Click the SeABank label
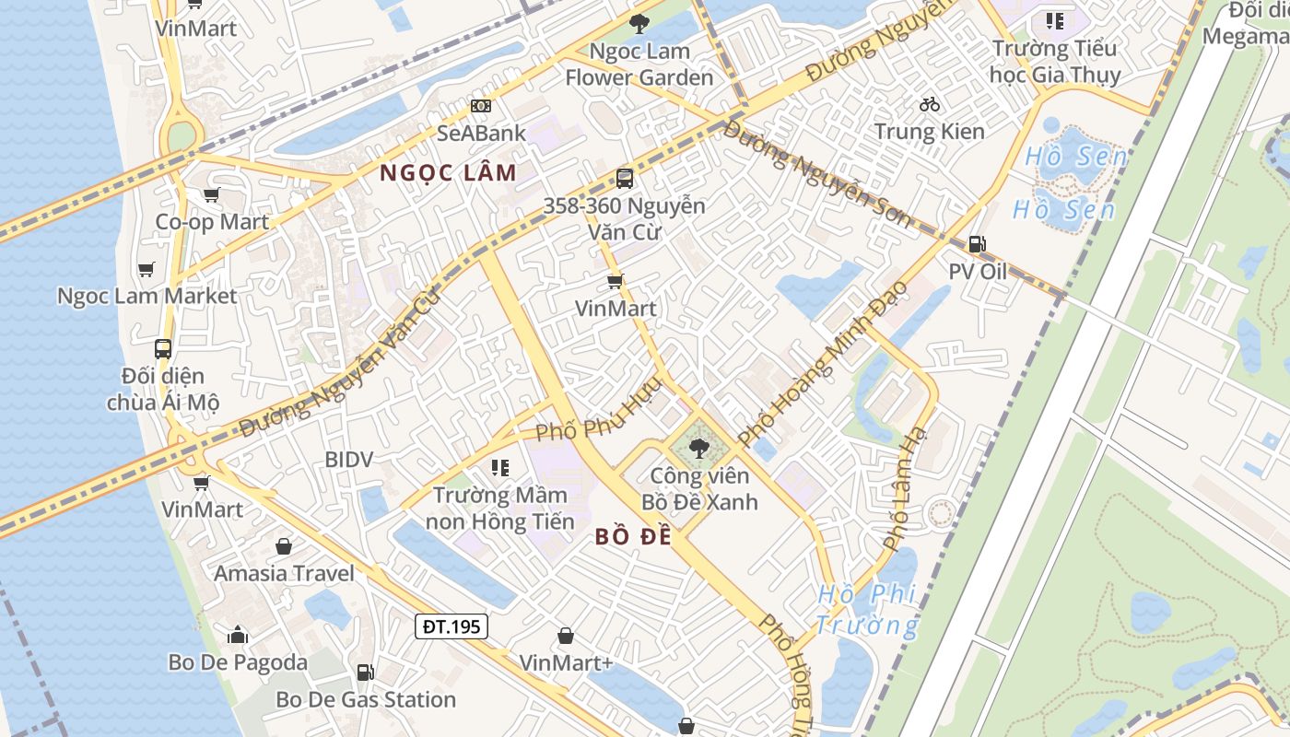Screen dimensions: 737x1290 pyautogui.click(x=481, y=133)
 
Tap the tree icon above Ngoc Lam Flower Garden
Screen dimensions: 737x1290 pyautogui.click(x=638, y=24)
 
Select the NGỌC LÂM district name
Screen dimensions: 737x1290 pyautogui.click(x=448, y=172)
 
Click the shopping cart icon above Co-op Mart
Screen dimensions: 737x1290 pyautogui.click(x=212, y=194)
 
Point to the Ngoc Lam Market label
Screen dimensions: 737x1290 pyautogui.click(x=147, y=296)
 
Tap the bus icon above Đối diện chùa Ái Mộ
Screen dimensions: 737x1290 pyautogui.click(x=163, y=349)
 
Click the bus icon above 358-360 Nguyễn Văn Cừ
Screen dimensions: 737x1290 pyautogui.click(x=625, y=179)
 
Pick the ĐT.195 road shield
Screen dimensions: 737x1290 pyautogui.click(x=451, y=627)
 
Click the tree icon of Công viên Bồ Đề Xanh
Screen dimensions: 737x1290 pyautogui.click(x=699, y=449)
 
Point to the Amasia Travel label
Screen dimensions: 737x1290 pyautogui.click(x=284, y=573)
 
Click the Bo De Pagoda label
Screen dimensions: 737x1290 pyautogui.click(x=238, y=662)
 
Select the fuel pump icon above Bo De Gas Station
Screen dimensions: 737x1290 pyautogui.click(x=366, y=673)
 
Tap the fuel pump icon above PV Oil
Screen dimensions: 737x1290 pyautogui.click(x=977, y=244)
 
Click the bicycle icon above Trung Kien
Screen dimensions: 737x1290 pyautogui.click(x=930, y=104)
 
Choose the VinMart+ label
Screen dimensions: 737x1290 pyautogui.click(x=566, y=663)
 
